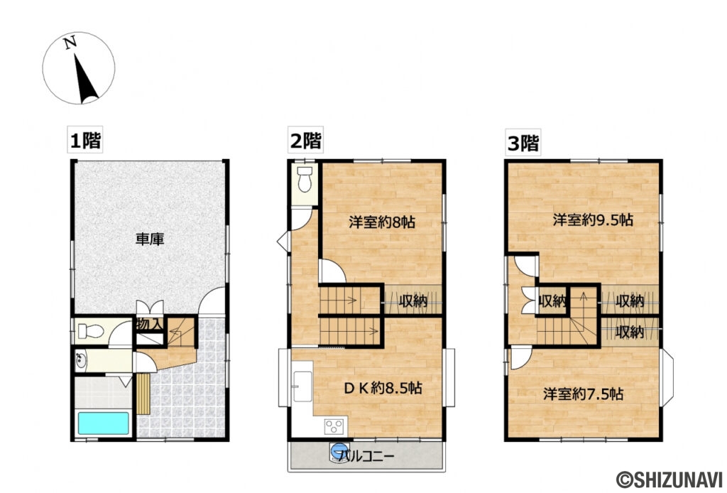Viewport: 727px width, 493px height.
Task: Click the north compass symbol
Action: point(78,68)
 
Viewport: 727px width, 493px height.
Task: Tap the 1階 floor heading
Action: point(84,141)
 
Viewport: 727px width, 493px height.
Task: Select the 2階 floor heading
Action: point(305,141)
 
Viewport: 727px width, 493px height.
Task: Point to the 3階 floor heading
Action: point(523,143)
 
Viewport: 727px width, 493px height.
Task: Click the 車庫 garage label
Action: point(150,239)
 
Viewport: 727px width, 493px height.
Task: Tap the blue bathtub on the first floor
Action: point(104,423)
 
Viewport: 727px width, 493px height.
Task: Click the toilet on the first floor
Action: point(89,331)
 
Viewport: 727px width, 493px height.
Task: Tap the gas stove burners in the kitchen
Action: point(334,426)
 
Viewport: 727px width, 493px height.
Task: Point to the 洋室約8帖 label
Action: point(382,222)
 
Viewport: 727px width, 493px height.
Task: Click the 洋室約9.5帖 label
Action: point(593,220)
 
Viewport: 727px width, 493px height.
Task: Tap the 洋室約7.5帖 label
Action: point(584,393)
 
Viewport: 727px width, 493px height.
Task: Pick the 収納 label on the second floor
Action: point(412,300)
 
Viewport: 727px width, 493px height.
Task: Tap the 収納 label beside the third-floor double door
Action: point(552,300)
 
